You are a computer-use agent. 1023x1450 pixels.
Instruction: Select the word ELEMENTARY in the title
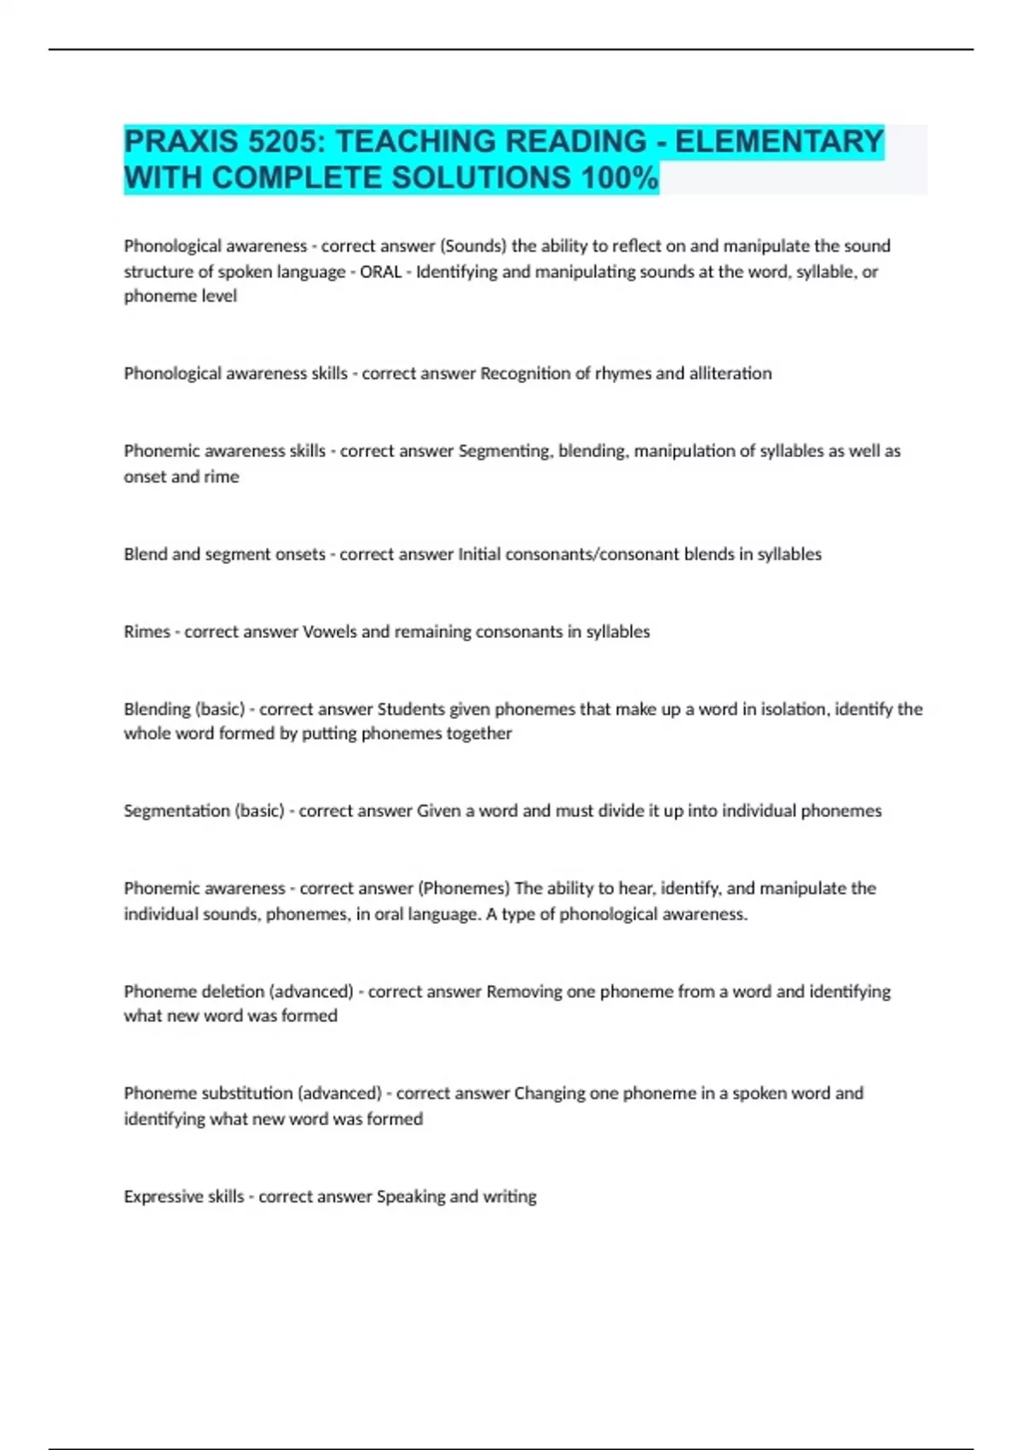coord(779,142)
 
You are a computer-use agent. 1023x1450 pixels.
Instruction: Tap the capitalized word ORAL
coord(380,272)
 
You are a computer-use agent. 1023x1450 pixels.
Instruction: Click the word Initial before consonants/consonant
coord(479,554)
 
